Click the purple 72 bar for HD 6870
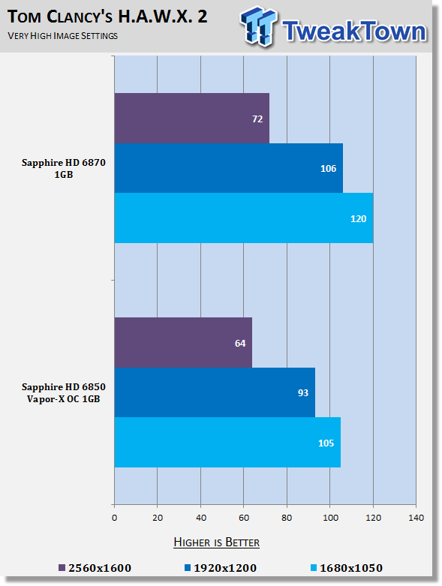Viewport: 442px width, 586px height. click(191, 118)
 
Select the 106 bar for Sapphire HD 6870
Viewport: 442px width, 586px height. click(229, 168)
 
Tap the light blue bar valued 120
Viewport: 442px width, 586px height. click(244, 218)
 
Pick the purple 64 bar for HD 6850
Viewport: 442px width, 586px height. click(183, 342)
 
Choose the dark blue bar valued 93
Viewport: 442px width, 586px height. click(215, 392)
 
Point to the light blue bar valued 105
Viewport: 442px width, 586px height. click(227, 442)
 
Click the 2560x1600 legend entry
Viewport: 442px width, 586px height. click(95, 568)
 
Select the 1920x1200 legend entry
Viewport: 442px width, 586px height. click(221, 568)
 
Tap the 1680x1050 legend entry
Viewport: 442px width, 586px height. click(347, 568)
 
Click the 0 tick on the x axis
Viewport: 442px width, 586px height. click(114, 518)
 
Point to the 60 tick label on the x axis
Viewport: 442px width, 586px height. click(244, 518)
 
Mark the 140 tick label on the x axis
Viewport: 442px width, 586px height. click(416, 518)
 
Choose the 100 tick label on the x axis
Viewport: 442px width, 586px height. click(330, 518)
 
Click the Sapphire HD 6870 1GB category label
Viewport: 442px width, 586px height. click(64, 169)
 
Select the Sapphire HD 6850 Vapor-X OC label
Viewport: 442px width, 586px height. click(64, 392)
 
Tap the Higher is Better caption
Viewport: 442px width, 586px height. click(217, 542)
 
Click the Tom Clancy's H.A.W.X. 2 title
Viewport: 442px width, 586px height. click(107, 17)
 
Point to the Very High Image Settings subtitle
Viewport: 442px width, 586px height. click(63, 36)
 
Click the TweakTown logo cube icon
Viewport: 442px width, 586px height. click(259, 26)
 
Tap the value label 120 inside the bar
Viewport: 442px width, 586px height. click(358, 218)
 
